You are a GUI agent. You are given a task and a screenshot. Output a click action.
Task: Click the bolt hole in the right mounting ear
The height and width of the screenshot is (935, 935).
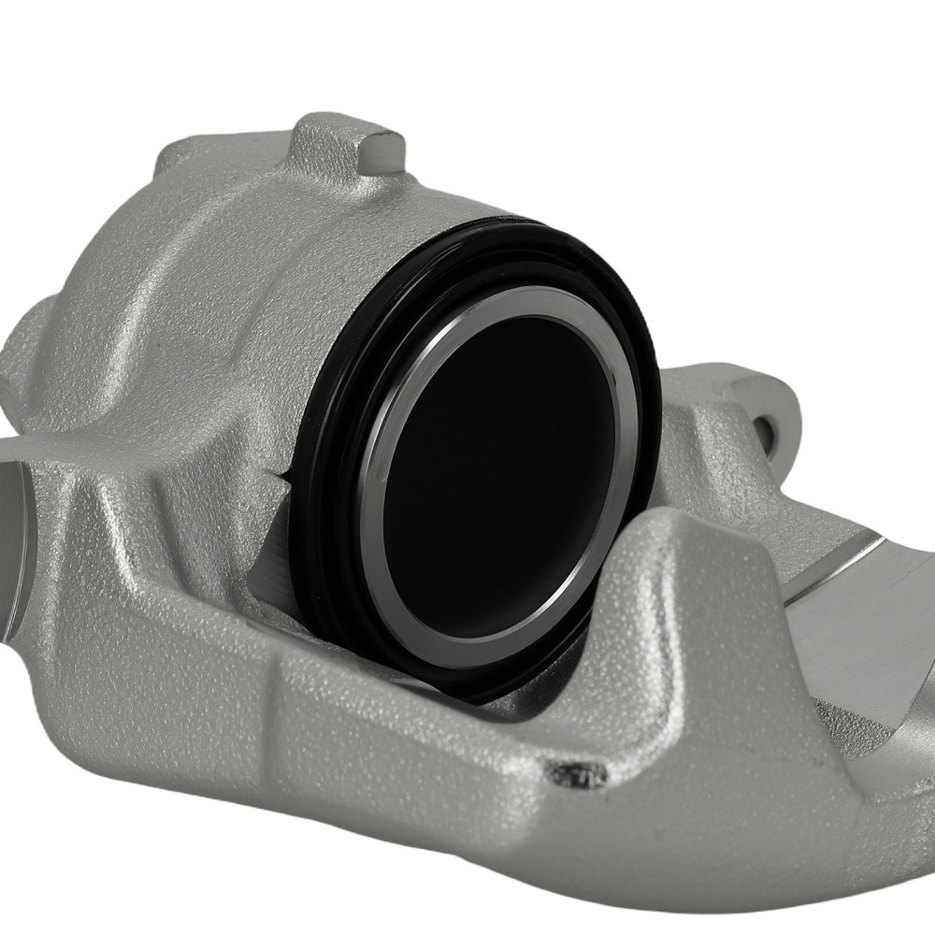click(769, 425)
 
